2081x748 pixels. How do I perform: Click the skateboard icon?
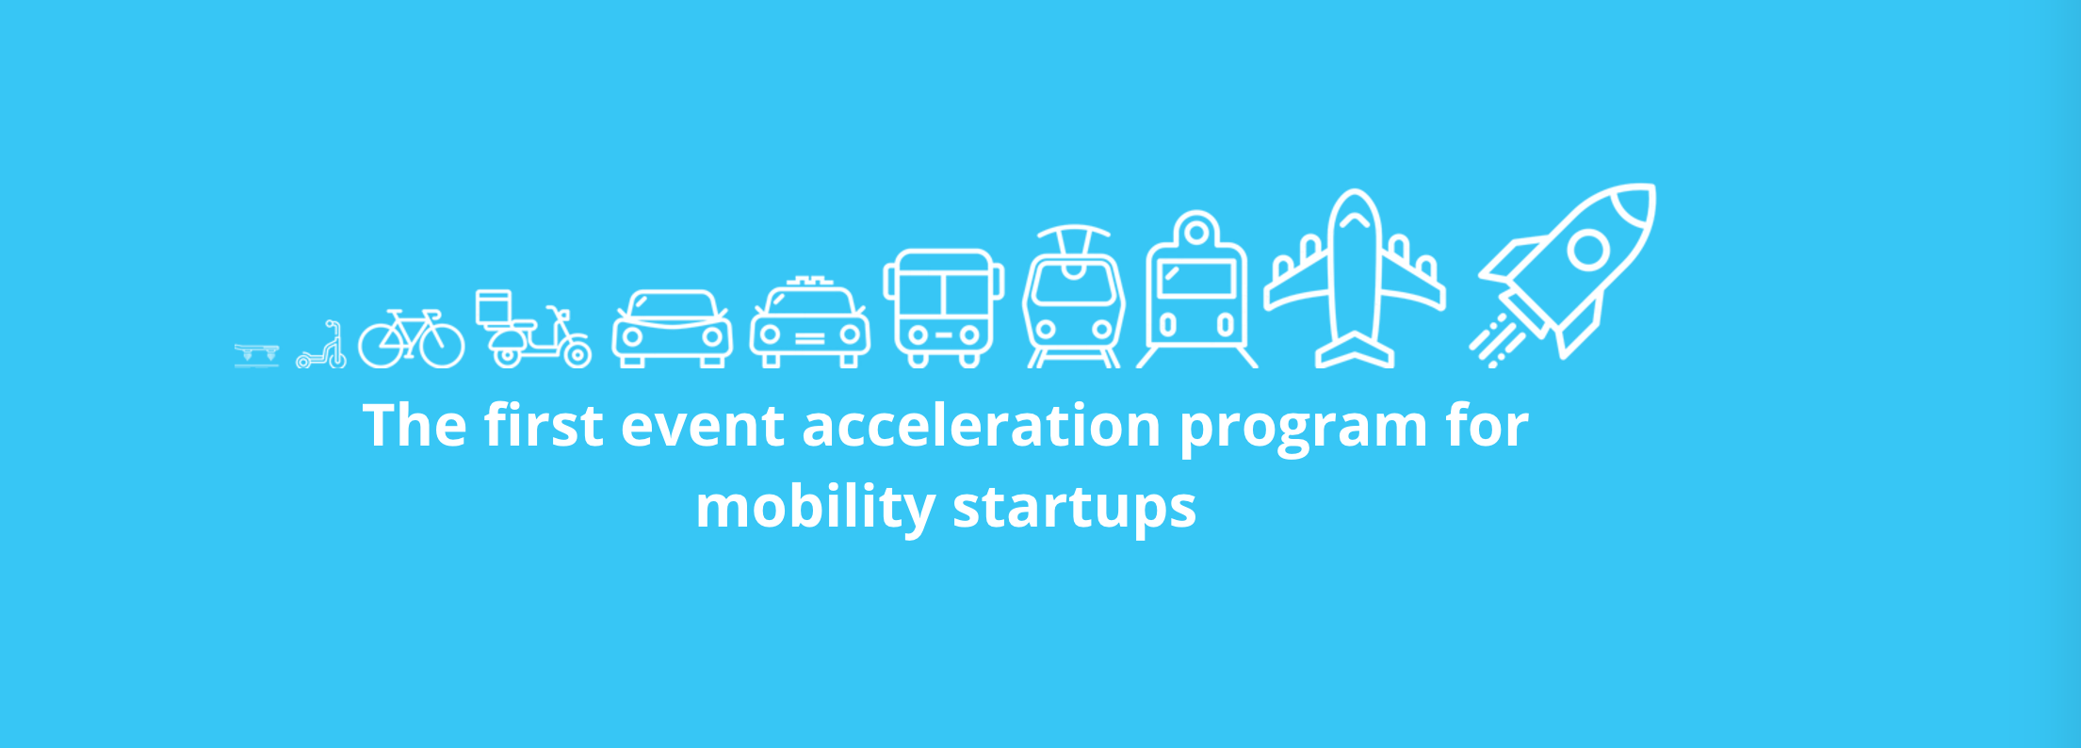[256, 354]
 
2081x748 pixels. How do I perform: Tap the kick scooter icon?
[322, 347]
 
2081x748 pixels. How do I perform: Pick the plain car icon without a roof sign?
[672, 329]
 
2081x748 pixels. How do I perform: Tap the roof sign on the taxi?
[810, 283]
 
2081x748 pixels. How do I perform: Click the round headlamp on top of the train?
[1196, 230]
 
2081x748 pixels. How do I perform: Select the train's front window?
[1196, 280]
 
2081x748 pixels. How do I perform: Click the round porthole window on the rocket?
[1589, 250]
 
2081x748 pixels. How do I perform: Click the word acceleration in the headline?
[981, 426]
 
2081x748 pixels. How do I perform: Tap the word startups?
[1074, 507]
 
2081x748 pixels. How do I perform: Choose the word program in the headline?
[1304, 426]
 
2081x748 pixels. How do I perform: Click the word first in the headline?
[544, 426]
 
